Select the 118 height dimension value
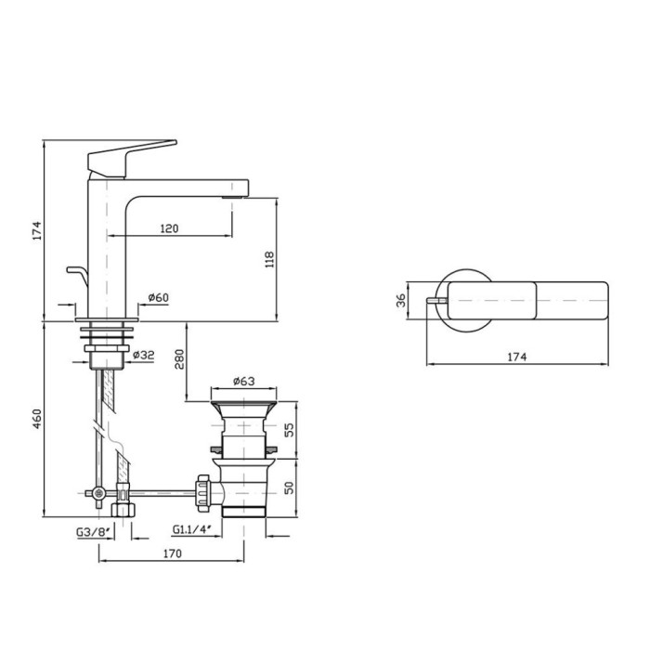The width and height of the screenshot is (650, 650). (270, 259)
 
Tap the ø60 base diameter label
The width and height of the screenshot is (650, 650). (158, 297)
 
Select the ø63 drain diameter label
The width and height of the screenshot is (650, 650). (243, 381)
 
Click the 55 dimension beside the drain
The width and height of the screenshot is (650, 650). (288, 429)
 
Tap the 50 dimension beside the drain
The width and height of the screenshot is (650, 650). (288, 487)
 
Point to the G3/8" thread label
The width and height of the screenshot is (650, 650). (94, 531)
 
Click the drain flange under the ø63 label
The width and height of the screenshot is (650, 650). (242, 408)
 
